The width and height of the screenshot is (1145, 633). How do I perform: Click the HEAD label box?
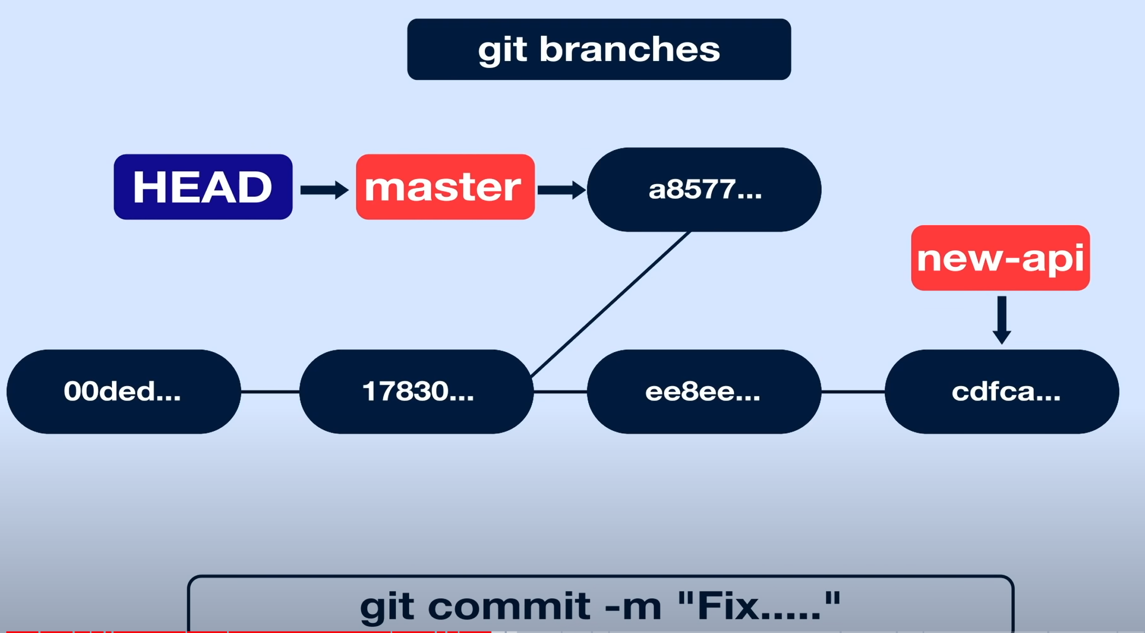[x=203, y=187]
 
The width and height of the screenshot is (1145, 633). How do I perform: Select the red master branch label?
[x=445, y=187]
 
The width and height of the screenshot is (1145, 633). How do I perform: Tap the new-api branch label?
[x=1000, y=258]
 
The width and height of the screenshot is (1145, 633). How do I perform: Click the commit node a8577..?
[x=704, y=189]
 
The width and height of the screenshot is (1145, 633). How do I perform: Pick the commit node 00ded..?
[x=124, y=391]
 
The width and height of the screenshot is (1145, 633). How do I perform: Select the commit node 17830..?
[x=416, y=391]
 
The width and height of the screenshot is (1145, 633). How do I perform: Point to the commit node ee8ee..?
[x=704, y=391]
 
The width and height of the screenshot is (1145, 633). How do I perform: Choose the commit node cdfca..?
[x=1001, y=391]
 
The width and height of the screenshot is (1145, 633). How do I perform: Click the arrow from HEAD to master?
[x=324, y=190]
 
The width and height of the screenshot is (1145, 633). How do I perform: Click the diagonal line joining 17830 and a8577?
[x=611, y=304]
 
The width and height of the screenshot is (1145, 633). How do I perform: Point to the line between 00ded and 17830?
[x=270, y=391]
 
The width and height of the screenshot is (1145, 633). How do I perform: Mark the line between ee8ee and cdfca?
[x=853, y=391]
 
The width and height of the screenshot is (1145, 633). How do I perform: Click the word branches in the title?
[x=629, y=50]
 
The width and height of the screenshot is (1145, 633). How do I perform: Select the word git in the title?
[x=502, y=50]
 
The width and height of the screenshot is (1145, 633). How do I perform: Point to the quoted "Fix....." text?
[x=759, y=605]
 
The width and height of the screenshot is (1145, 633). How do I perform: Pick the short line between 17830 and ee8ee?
[x=560, y=391]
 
